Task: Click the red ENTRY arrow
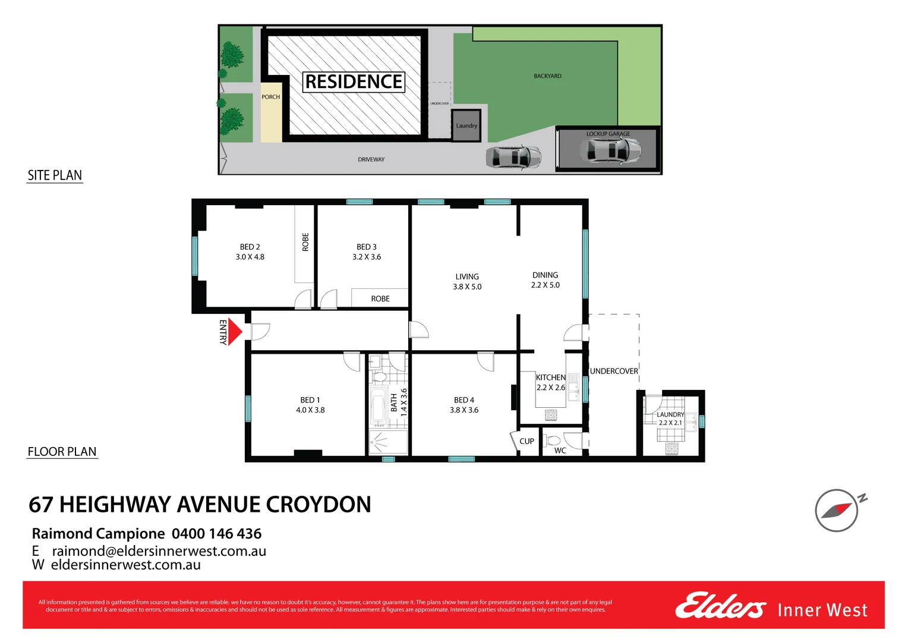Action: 235,332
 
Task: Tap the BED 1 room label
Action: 310,405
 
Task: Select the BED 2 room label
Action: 250,251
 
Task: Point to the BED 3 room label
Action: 367,251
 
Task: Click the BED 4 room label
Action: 464,405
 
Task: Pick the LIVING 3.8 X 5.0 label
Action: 467,281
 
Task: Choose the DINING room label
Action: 546,279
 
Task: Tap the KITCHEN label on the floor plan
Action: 550,382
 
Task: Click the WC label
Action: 560,451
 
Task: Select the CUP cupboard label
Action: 526,441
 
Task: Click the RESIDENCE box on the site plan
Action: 354,81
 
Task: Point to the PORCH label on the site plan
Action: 270,97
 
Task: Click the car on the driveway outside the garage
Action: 513,157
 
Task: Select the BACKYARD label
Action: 547,76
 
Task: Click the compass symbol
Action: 837,510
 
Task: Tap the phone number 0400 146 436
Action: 216,533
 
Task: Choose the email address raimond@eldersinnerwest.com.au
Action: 159,550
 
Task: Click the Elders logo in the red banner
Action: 720,606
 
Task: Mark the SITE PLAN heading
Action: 55,175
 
